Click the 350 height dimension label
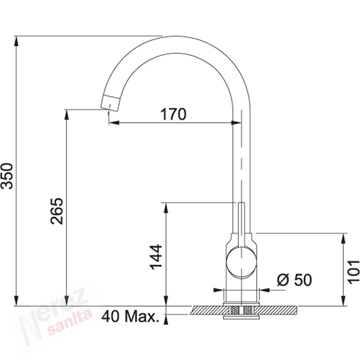point(7,176)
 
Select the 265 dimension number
point(57,211)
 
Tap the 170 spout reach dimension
point(173,114)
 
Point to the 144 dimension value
point(156,257)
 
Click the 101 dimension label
point(353,272)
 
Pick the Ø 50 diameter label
point(295,280)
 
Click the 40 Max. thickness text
point(130,316)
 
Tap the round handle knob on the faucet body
point(241,262)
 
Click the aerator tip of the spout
point(110,103)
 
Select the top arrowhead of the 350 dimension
point(16,41)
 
